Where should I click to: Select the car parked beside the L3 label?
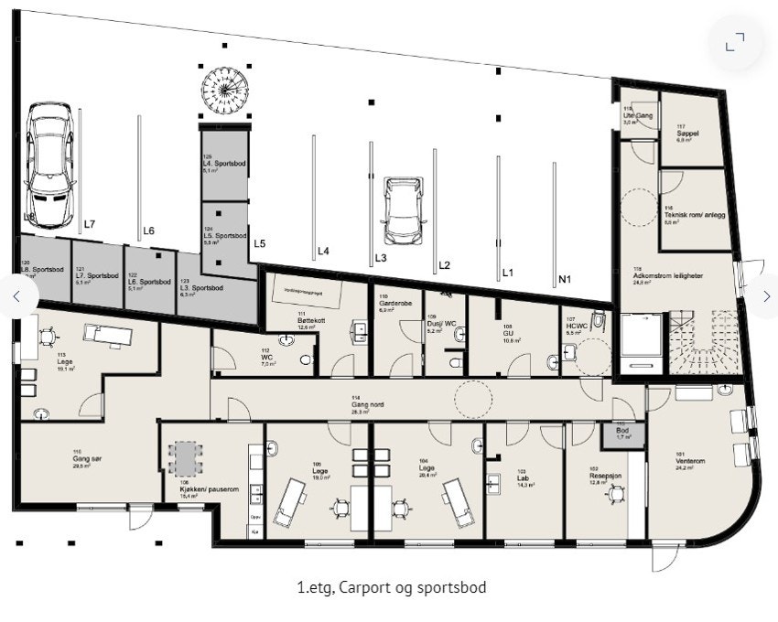401,211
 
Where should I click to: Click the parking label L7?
90,224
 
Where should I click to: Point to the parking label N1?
566,279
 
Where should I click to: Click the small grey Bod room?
622,434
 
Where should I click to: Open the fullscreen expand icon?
735,42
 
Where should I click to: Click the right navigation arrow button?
765,295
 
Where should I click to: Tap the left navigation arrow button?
16,295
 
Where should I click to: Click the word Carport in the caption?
362,587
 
